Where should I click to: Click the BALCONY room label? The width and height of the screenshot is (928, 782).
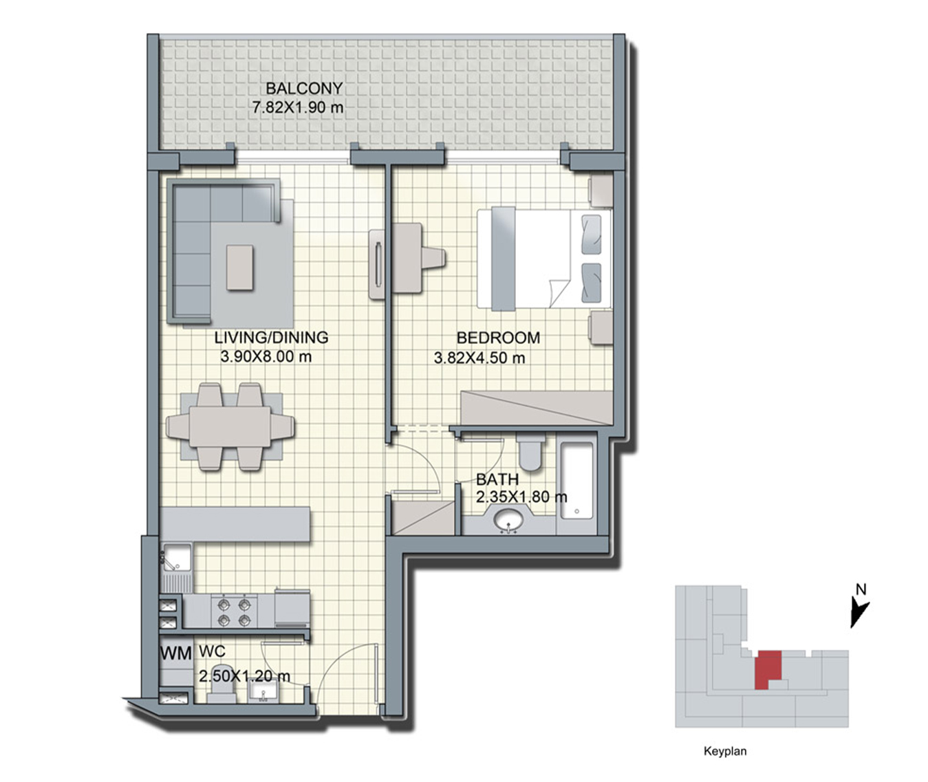coord(304,89)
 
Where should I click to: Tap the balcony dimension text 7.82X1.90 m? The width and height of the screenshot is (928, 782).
coord(298,107)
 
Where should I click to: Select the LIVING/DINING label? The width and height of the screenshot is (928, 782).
coord(271,338)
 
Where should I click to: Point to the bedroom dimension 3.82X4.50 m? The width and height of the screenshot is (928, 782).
coord(479,358)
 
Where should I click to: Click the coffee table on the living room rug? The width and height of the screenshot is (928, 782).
coord(241,268)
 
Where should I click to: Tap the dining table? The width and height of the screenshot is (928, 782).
coord(230,426)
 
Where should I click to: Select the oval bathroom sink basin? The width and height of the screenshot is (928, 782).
coord(509,520)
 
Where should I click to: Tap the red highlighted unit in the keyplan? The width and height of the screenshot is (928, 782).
coord(768,670)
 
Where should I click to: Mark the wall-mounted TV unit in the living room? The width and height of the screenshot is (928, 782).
coord(378,264)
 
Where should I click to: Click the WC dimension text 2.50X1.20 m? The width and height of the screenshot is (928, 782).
coord(244,677)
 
